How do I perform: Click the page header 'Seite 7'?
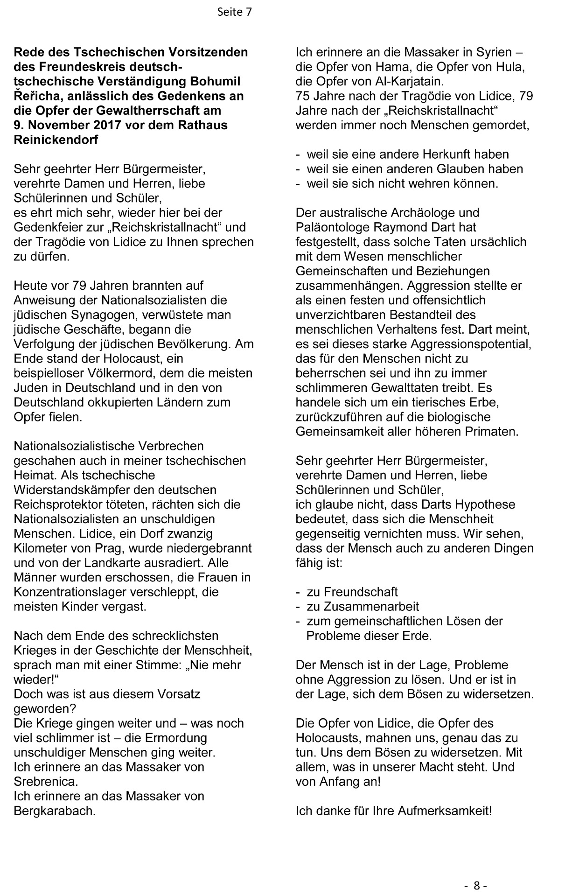coord(234,12)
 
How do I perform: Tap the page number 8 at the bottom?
coord(476,885)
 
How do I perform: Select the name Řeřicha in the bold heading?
coord(35,96)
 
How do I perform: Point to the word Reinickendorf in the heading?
coord(56,140)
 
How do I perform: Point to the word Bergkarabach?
coord(55,810)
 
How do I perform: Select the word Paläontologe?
coord(335,227)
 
